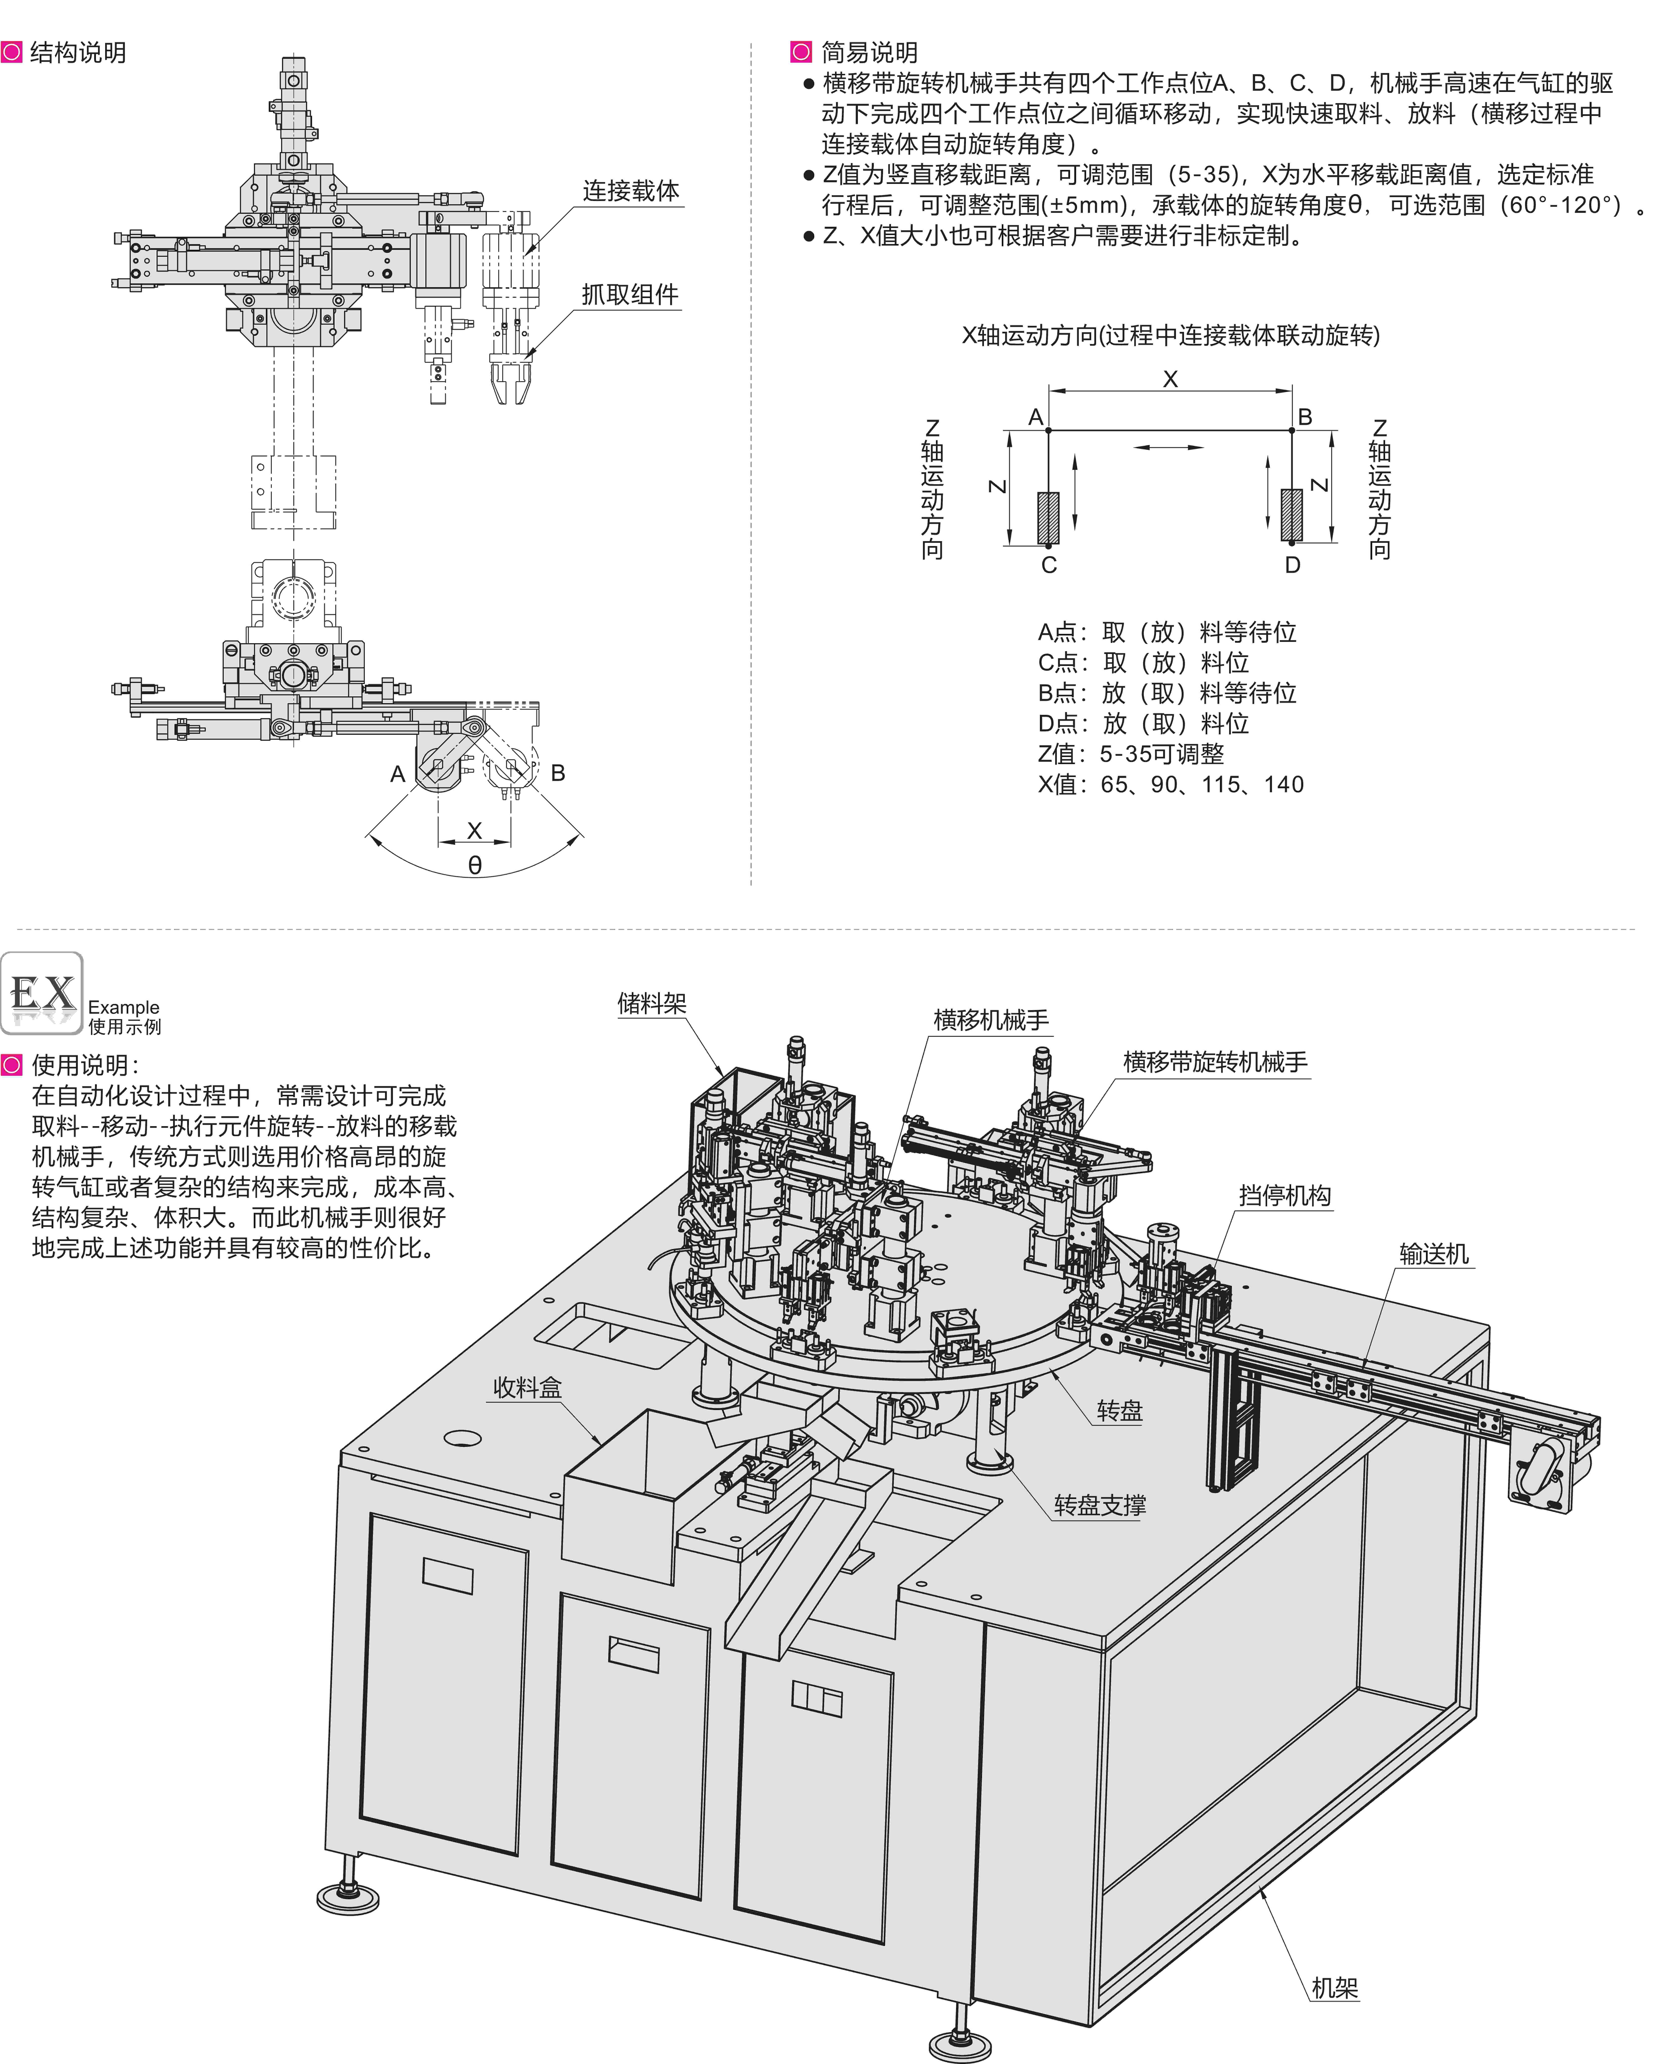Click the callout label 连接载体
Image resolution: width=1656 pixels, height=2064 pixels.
tap(631, 191)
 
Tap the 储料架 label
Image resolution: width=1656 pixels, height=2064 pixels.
tap(652, 1003)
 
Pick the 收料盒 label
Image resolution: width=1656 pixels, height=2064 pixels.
tap(527, 1387)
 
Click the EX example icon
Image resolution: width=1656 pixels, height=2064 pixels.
tap(42, 994)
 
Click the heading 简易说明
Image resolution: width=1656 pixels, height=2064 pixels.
tap(869, 53)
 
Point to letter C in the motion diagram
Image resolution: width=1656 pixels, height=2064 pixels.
tap(1049, 565)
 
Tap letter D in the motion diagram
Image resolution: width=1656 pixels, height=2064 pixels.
tap(1292, 565)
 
